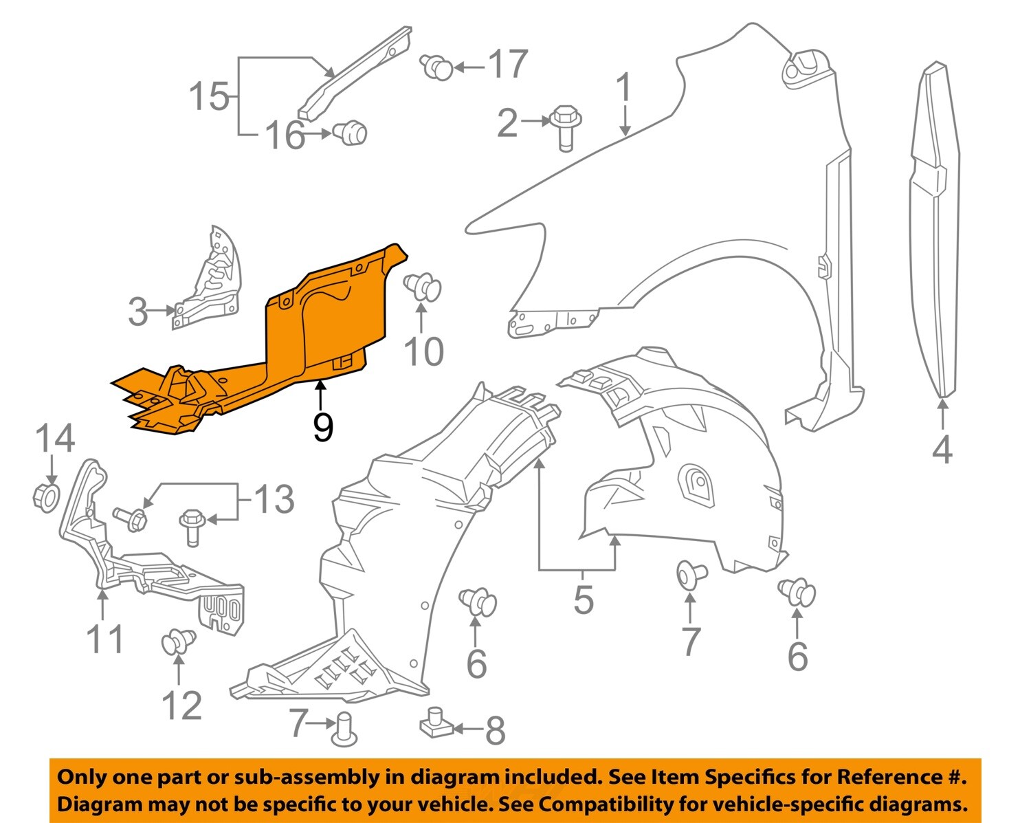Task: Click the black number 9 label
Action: [x=322, y=427]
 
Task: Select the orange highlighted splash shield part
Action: [x=323, y=323]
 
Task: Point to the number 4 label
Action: [x=942, y=450]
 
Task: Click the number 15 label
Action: [x=209, y=96]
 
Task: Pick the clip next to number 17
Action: [x=436, y=67]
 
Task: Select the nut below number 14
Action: [x=46, y=496]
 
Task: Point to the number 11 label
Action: [x=105, y=639]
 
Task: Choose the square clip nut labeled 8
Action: [x=434, y=723]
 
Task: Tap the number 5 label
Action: [x=583, y=600]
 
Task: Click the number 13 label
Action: [x=274, y=499]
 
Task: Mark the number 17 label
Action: [x=508, y=65]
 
